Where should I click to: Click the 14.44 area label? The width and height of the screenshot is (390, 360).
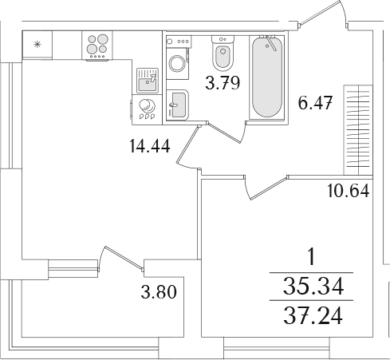(149, 146)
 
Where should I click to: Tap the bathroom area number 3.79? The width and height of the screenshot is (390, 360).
(223, 82)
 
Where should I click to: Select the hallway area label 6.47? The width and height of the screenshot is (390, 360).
(315, 103)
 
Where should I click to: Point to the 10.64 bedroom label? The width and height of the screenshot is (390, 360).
(349, 191)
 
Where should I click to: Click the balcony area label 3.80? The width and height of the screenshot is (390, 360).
(159, 291)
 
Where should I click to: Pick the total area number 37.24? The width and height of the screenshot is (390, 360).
(313, 316)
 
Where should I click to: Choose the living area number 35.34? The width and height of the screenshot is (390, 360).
(313, 287)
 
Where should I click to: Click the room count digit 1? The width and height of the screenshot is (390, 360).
(312, 257)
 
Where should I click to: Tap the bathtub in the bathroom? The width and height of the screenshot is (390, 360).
(267, 77)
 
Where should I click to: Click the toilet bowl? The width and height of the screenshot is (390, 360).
(223, 53)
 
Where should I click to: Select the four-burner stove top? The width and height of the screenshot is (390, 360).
(97, 45)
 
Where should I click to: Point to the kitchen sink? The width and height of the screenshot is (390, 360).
(148, 81)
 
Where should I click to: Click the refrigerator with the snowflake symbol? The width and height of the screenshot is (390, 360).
(37, 45)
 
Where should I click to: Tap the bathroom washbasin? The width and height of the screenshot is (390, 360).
(177, 105)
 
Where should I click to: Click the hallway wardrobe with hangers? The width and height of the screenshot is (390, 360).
(358, 130)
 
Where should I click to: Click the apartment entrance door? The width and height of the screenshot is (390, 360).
(322, 14)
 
